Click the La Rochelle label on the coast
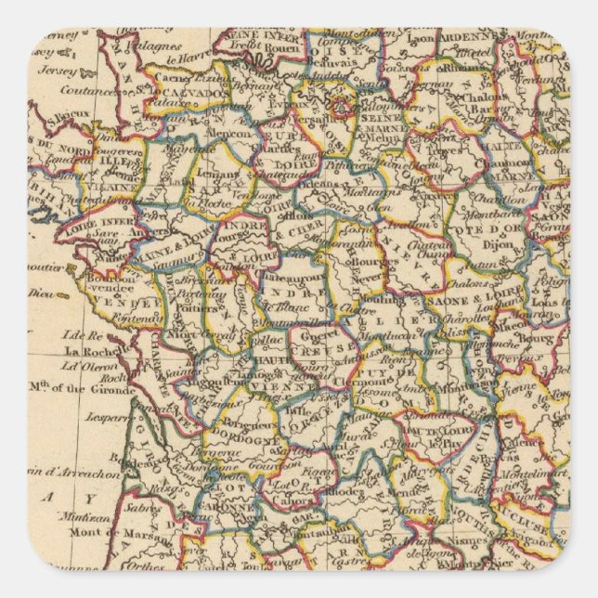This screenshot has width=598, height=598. (x=90, y=352)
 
